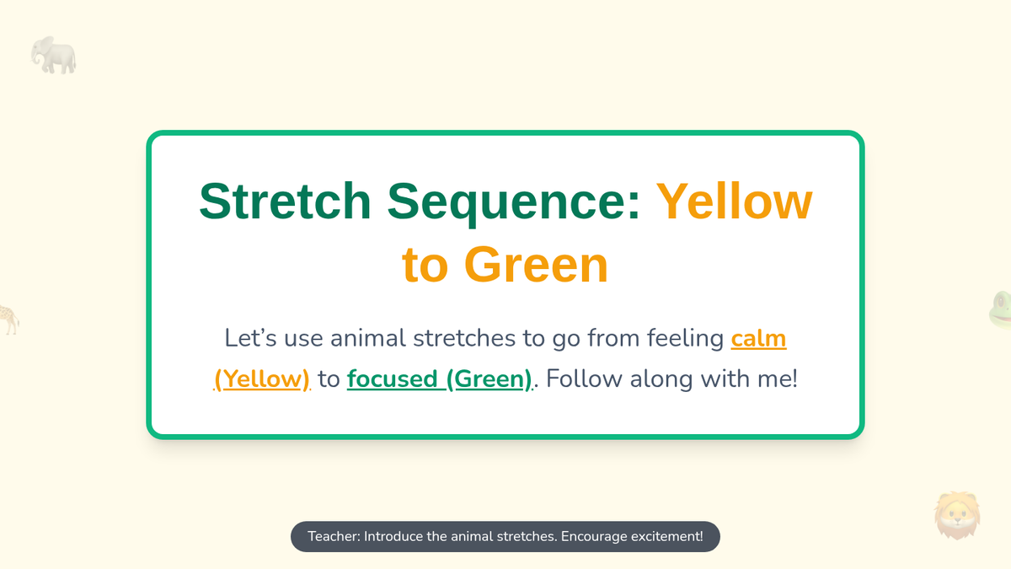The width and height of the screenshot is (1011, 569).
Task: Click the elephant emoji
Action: [x=53, y=55]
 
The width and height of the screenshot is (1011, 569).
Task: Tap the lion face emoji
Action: [x=957, y=515]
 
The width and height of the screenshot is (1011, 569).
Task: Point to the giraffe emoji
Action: [x=9, y=319]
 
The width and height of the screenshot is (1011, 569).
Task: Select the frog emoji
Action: [x=1000, y=310]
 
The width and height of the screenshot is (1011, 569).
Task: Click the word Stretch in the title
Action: [x=285, y=201]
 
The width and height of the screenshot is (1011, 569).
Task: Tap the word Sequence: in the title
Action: [x=514, y=203]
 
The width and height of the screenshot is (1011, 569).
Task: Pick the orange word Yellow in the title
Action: [x=735, y=201]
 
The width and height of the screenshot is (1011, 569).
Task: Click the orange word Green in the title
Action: [x=536, y=265]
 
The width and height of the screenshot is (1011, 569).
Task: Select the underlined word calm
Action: [x=759, y=338]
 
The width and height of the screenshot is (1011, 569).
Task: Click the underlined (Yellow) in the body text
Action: [x=262, y=378]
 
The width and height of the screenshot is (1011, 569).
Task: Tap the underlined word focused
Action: [x=393, y=378]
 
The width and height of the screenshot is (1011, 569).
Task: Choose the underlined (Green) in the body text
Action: [x=489, y=378]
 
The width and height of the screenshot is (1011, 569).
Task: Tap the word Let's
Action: [x=250, y=338]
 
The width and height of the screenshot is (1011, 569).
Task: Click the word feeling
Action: [x=685, y=339]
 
